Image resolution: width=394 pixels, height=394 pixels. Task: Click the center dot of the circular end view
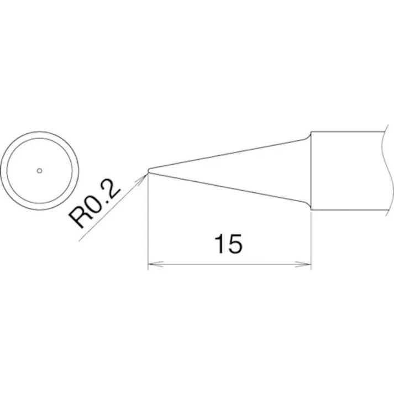point(39,170)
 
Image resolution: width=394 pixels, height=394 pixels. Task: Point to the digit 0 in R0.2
point(96,206)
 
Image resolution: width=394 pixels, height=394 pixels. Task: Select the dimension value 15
point(228,244)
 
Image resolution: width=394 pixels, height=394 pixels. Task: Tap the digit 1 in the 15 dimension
point(219,244)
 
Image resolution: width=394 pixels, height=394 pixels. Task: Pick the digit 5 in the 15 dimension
point(235,244)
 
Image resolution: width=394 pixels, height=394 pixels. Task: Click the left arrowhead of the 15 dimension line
point(152,265)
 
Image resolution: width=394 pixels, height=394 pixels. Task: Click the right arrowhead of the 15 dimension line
point(307,265)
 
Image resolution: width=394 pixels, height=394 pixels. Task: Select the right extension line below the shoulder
point(311,238)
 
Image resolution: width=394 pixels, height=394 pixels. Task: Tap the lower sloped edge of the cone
point(227,188)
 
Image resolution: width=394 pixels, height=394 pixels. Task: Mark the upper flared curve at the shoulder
point(307,136)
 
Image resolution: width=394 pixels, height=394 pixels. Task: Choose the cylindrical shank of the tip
point(345,171)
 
